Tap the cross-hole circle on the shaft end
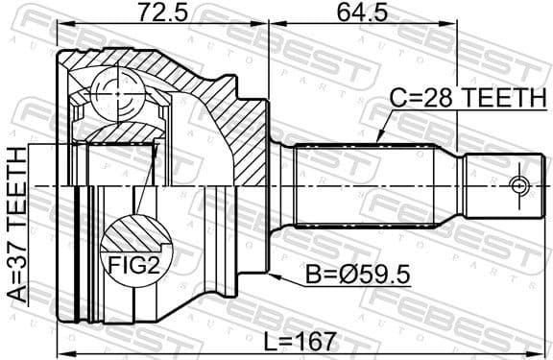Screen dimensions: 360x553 click(518, 184)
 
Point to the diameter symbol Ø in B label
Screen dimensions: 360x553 click(352, 275)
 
